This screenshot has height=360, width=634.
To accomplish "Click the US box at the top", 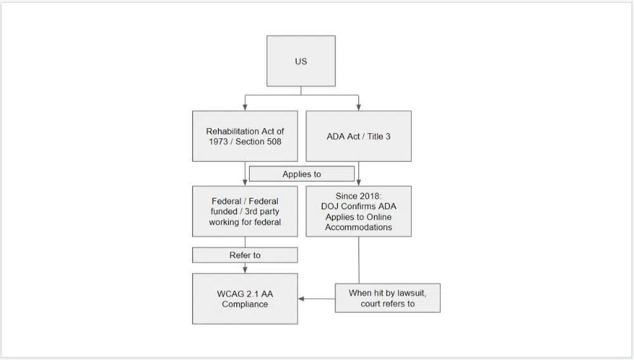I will pyautogui.click(x=301, y=61).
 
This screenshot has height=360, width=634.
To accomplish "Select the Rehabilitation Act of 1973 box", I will pyautogui.click(x=245, y=136).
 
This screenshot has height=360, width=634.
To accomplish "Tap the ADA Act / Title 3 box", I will pyautogui.click(x=358, y=136).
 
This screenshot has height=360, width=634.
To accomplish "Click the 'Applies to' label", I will pyautogui.click(x=302, y=174).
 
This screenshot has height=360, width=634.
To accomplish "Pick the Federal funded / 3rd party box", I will pyautogui.click(x=245, y=212).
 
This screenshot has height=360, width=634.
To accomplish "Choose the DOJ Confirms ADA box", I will pyautogui.click(x=358, y=212).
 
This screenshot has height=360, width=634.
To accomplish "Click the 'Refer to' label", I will pyautogui.click(x=245, y=255).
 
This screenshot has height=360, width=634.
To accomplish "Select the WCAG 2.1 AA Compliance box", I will pyautogui.click(x=245, y=299).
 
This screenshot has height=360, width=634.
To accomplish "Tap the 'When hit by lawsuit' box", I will pyautogui.click(x=387, y=298).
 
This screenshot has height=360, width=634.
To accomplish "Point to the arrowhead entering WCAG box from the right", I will pyautogui.click(x=301, y=299).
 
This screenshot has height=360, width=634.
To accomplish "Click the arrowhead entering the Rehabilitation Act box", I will pyautogui.click(x=245, y=108).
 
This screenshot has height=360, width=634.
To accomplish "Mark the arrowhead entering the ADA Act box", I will pyautogui.click(x=359, y=108).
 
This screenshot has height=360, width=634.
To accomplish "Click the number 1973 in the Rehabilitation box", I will pyautogui.click(x=221, y=141).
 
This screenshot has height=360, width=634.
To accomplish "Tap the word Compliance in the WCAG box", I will pyautogui.click(x=245, y=304).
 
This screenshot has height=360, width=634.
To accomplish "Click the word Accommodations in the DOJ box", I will pyautogui.click(x=358, y=227).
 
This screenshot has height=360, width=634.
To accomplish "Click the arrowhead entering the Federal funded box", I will pyautogui.click(x=245, y=183).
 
